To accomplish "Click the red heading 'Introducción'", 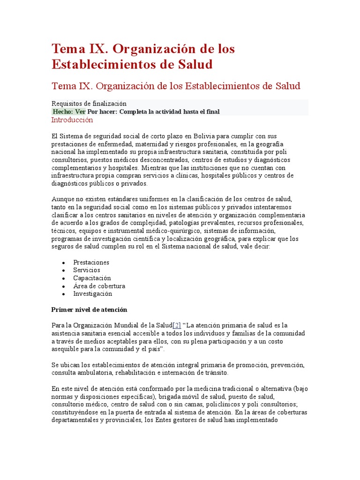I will (x=72, y=120).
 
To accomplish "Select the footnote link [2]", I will (x=177, y=325).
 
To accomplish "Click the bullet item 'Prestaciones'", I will (x=91, y=262).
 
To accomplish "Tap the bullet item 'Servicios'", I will (x=86, y=270).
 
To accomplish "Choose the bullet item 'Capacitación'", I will (x=92, y=278).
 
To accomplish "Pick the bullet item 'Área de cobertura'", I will (x=99, y=286).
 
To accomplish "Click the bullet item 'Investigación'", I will (x=92, y=294).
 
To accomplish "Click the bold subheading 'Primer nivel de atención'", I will (x=89, y=310).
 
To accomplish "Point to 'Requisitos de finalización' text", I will (x=89, y=104).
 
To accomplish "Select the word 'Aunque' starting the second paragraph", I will (x=61, y=199).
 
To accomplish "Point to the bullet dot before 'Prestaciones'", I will (x=63, y=263).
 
